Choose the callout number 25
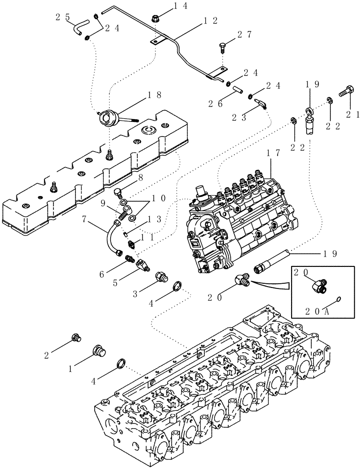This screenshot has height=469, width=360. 63,17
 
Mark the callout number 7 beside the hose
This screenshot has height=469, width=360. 84,219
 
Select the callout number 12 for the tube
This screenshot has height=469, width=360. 210,21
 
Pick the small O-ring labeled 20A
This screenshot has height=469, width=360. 338,299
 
